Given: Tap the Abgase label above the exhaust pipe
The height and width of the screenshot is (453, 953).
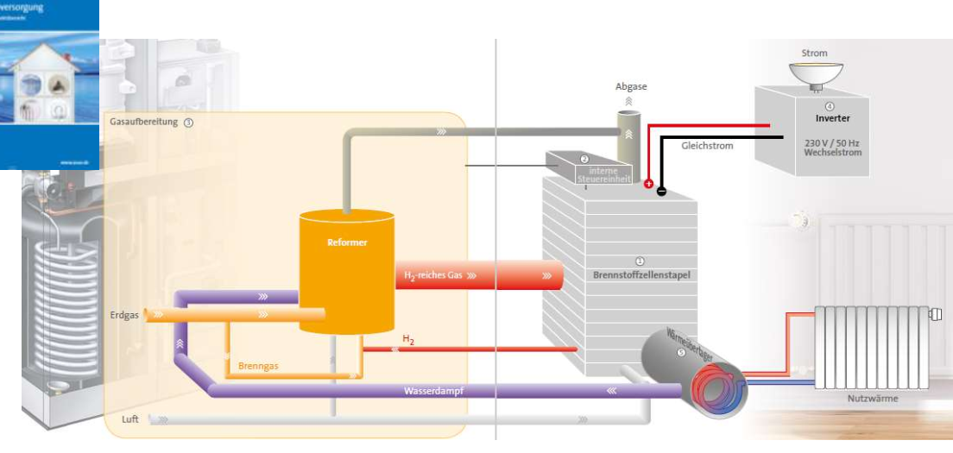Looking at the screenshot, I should coord(630,86).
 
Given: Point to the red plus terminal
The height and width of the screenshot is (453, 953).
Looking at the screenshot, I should coord(648,184).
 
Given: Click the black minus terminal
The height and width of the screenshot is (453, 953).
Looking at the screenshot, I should coord(661,192).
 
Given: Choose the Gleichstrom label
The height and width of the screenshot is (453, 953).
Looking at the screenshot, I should coord(706,146).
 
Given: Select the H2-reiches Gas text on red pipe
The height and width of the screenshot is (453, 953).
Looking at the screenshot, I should coord(432,276).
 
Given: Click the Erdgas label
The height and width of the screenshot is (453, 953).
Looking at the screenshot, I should coord(124,315).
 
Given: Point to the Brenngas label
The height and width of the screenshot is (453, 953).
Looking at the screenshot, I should coord(258,366).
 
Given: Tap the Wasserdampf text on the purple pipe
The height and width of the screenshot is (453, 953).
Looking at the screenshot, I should coord(434,391).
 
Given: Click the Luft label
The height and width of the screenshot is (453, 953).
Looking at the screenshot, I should coord(129,419).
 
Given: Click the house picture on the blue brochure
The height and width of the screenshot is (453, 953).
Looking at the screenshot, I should coord(49,85).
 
